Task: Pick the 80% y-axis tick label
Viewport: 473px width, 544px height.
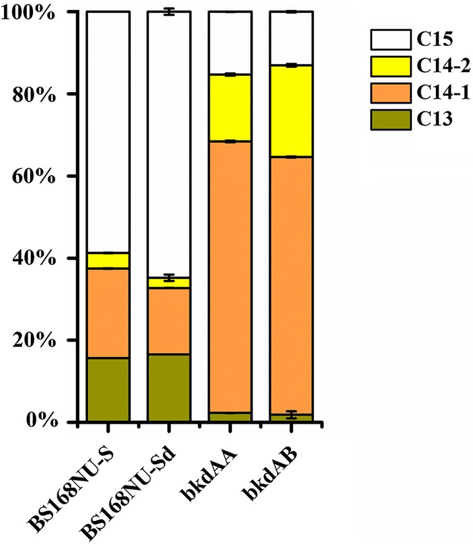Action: (37, 94)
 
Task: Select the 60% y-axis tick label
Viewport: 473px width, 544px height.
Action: (37, 176)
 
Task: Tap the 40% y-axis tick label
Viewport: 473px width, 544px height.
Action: (37, 258)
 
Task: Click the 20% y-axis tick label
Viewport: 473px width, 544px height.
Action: (37, 340)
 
